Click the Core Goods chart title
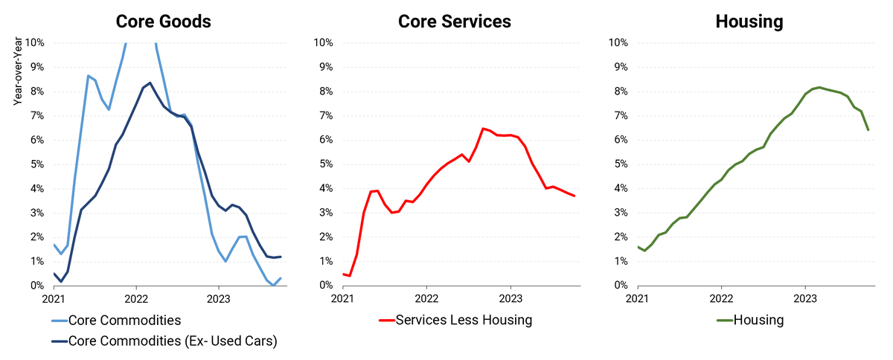[x=163, y=22]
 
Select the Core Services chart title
[x=455, y=22]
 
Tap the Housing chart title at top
[x=749, y=22]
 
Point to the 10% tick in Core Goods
[x=34, y=42]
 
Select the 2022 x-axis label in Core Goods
[x=135, y=299]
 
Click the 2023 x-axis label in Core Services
[x=510, y=299]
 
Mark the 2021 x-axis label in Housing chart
[x=638, y=299]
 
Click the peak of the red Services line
[x=483, y=129]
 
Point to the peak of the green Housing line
[x=819, y=87]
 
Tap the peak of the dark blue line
[x=150, y=83]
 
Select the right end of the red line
[x=574, y=196]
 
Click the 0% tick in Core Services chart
[x=324, y=286]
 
